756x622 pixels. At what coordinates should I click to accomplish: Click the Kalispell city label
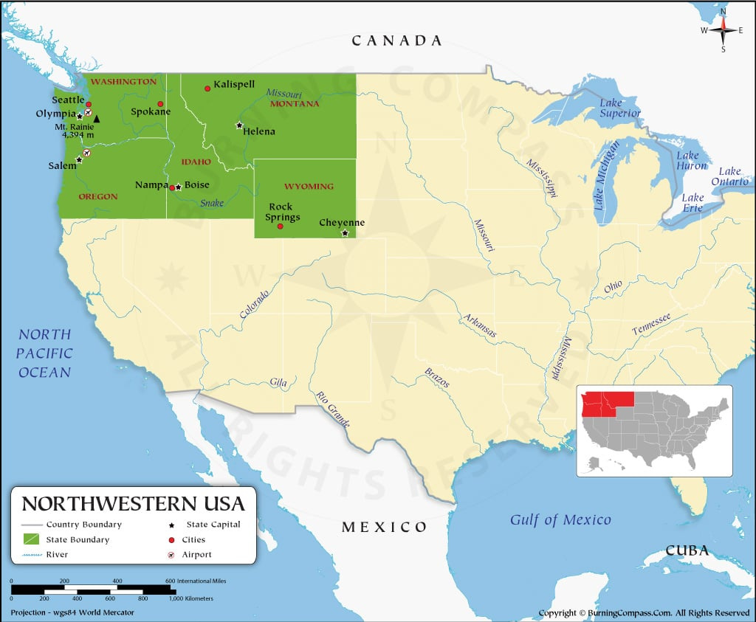pyautogui.click(x=234, y=85)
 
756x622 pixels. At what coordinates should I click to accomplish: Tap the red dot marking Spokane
pyautogui.click(x=160, y=104)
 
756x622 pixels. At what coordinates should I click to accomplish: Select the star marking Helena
pyautogui.click(x=238, y=125)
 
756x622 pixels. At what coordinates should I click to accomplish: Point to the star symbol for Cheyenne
pyautogui.click(x=345, y=233)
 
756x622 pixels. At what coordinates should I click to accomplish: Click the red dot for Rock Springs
pyautogui.click(x=280, y=227)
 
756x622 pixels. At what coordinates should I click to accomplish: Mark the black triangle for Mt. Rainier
pyautogui.click(x=97, y=119)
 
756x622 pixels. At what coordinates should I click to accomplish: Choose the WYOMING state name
pyautogui.click(x=309, y=187)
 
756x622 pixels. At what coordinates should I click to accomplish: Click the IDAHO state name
pyautogui.click(x=196, y=162)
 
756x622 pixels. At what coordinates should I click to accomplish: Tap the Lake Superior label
pyautogui.click(x=619, y=108)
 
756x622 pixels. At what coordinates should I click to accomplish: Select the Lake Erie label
pyautogui.click(x=693, y=202)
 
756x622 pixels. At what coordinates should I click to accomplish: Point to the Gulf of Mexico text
pyautogui.click(x=560, y=520)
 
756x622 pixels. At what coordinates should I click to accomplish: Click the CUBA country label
pyautogui.click(x=687, y=550)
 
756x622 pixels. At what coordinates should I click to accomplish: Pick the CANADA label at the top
pyautogui.click(x=396, y=41)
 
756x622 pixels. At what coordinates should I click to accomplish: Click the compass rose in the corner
pyautogui.click(x=724, y=30)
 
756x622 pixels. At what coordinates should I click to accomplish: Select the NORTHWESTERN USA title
pyautogui.click(x=133, y=504)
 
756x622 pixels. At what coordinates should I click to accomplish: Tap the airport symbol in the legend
pyautogui.click(x=171, y=555)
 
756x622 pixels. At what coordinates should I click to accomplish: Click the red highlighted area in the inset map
pyautogui.click(x=608, y=404)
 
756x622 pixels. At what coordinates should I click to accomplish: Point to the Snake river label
pyautogui.click(x=212, y=203)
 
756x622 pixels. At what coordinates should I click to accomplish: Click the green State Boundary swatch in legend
pyautogui.click(x=32, y=540)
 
